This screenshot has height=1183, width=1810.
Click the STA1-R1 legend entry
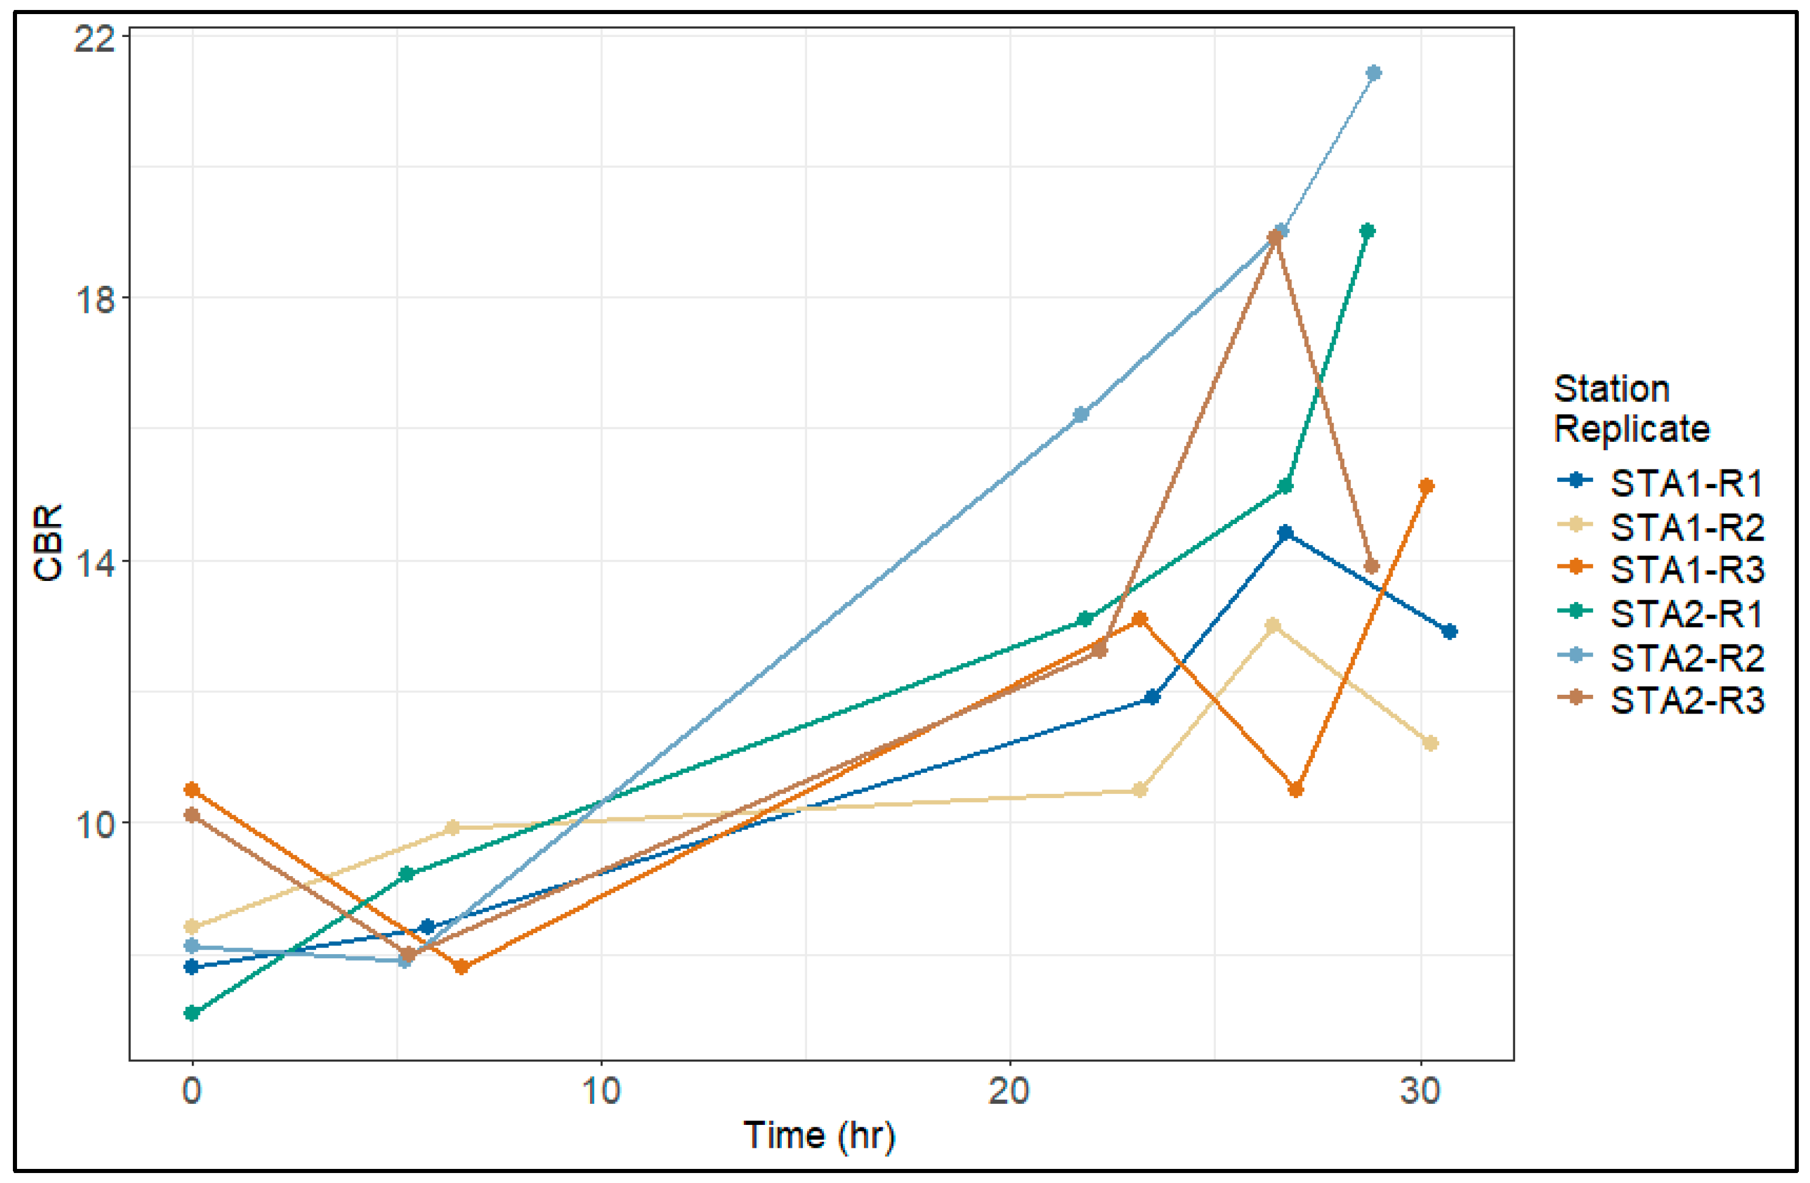coord(1685,483)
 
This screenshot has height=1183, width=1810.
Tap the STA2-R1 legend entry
coord(1685,614)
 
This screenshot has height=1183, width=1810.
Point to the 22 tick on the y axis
coord(94,38)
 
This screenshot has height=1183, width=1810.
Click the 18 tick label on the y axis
coord(94,300)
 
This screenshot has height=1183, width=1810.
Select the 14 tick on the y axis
coord(94,562)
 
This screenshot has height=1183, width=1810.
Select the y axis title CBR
coord(49,543)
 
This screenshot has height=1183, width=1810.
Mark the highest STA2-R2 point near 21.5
coord(1374,73)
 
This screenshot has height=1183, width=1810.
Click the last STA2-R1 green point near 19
coord(1367,231)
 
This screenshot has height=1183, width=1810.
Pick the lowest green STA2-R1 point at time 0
coord(192,1013)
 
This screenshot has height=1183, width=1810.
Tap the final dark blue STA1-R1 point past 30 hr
coord(1449,631)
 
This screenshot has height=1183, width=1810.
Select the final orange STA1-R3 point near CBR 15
coord(1426,486)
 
